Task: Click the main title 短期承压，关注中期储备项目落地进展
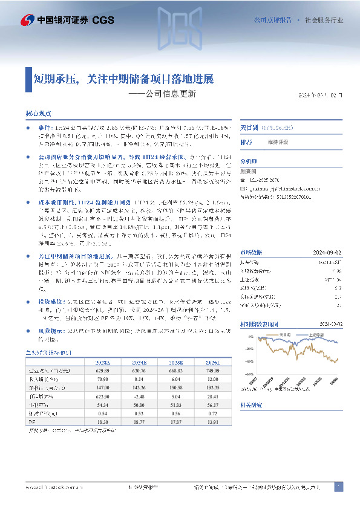123,79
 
